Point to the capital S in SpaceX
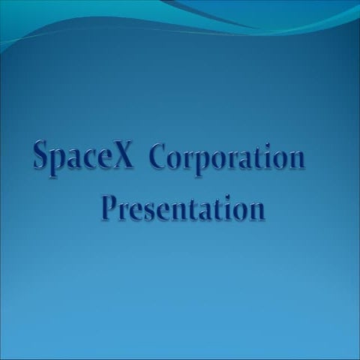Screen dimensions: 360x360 pos(42,154)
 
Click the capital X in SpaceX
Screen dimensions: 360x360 pos(122,155)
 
